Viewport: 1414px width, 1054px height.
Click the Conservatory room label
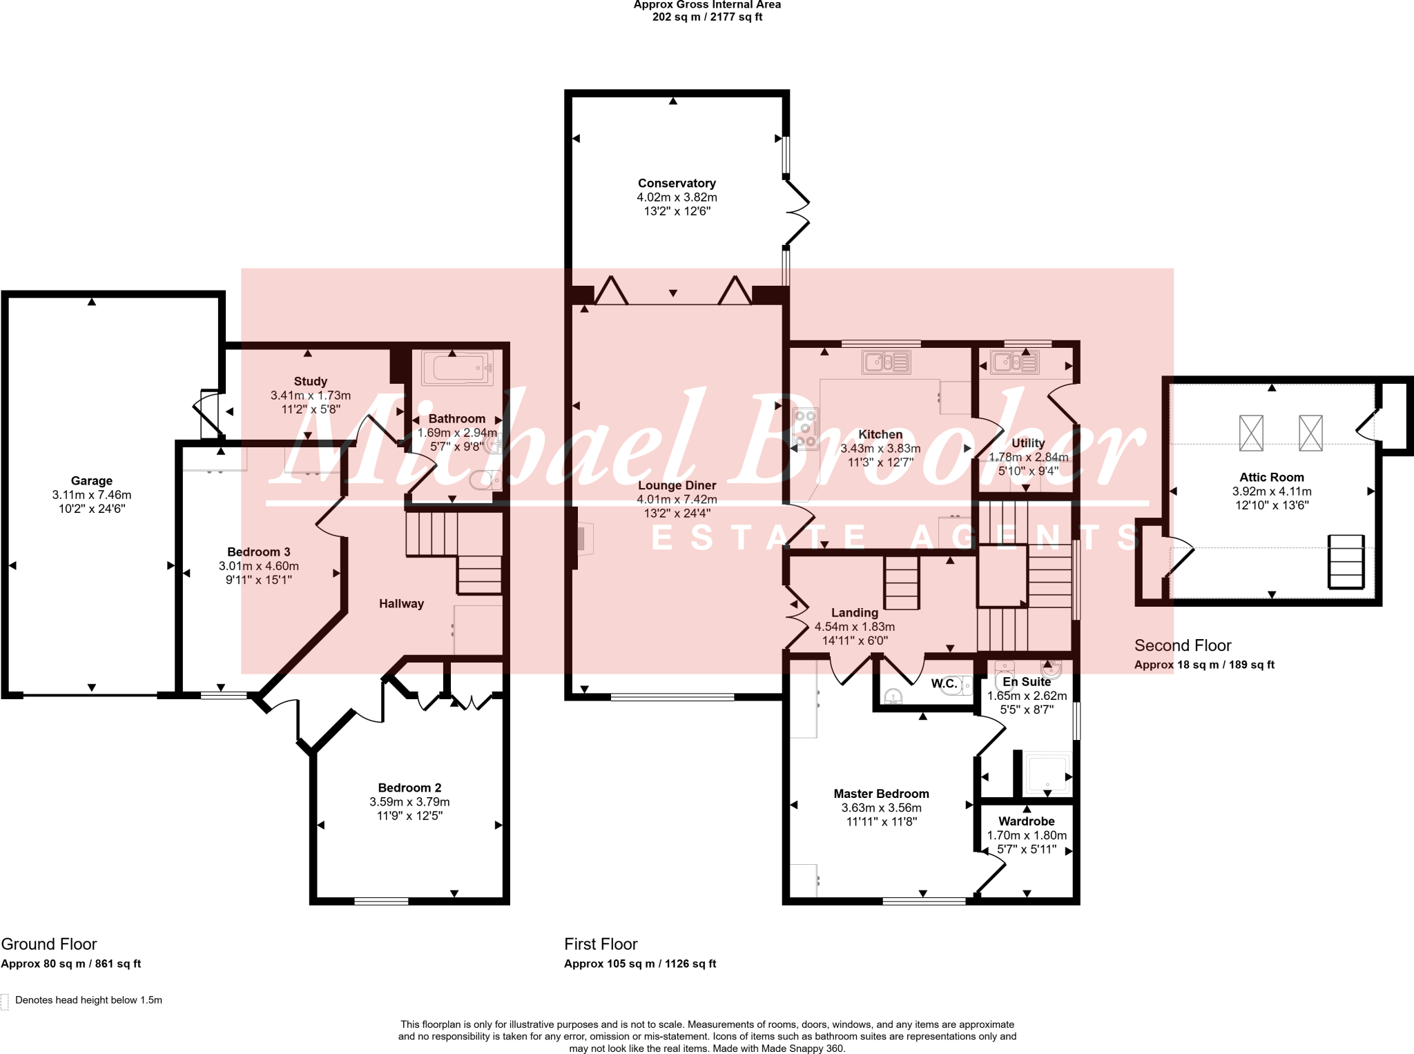(676, 183)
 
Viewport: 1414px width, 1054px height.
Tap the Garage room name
(91, 480)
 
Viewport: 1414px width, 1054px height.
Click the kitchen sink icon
(886, 362)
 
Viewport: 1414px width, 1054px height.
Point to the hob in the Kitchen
(805, 429)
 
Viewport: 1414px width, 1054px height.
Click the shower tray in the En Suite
(1047, 772)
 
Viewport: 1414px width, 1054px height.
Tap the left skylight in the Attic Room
(1250, 433)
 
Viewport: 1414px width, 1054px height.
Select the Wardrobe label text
(1026, 821)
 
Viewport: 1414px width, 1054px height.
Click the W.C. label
(944, 683)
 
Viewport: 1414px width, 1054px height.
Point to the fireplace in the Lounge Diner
(583, 539)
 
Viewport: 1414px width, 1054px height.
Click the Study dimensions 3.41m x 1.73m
(310, 396)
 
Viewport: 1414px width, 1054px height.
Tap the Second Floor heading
(1182, 645)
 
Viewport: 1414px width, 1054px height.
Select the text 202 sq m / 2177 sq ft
(707, 17)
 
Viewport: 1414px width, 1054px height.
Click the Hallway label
(401, 603)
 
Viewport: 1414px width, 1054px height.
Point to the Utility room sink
(1014, 362)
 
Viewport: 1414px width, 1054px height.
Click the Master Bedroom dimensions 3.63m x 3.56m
(881, 808)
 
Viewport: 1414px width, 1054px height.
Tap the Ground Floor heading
(49, 944)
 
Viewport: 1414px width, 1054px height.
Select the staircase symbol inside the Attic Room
(1346, 561)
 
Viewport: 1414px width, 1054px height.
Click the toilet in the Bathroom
(485, 479)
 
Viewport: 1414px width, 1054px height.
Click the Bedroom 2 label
(409, 788)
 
